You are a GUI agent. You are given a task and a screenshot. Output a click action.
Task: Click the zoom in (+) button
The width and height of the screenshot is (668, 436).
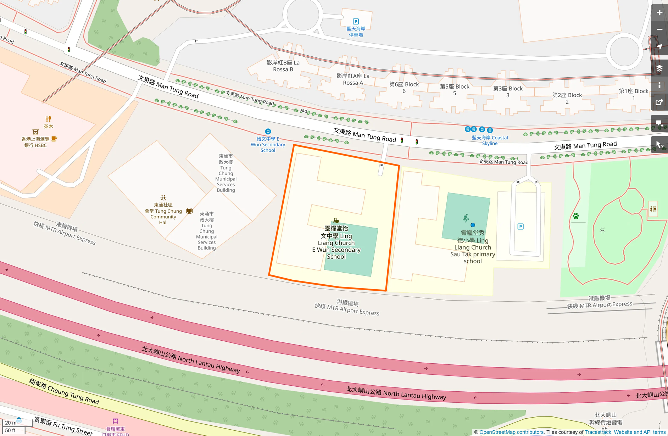(x=659, y=13)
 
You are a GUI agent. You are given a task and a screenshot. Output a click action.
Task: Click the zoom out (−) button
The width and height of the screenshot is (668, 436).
(x=659, y=30)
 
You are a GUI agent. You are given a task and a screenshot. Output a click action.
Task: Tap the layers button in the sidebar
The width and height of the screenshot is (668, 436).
(x=659, y=68)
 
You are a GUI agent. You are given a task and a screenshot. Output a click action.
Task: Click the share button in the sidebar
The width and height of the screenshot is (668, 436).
(x=659, y=102)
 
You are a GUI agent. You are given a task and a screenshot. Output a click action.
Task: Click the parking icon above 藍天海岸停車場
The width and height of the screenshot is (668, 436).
(x=356, y=22)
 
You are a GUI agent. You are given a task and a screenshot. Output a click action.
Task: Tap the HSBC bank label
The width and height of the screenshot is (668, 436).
(x=35, y=142)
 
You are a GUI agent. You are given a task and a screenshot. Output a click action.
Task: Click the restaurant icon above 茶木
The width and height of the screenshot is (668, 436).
(x=49, y=119)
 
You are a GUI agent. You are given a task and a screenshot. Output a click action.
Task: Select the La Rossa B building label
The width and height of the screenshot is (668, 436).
(x=283, y=66)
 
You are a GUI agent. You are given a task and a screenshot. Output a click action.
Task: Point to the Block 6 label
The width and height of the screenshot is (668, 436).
(x=404, y=88)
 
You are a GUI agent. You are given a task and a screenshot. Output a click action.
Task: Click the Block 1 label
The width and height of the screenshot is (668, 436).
(x=634, y=94)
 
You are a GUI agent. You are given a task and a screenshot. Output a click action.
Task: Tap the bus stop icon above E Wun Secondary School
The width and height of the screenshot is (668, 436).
(x=268, y=132)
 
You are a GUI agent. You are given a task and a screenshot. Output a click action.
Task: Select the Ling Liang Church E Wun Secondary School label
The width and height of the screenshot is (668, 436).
(x=336, y=242)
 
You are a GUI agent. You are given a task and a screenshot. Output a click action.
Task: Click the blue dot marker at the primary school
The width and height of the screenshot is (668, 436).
(x=473, y=225)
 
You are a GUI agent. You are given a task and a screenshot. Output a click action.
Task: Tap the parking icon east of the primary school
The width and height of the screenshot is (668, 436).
(x=521, y=227)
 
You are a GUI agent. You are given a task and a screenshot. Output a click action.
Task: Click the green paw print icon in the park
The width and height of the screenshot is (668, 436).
(x=576, y=216)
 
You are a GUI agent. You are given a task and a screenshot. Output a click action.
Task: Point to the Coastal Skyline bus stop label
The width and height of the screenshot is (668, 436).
(x=490, y=140)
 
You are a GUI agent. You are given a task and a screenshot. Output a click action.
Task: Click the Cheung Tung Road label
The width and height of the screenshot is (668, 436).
(x=64, y=391)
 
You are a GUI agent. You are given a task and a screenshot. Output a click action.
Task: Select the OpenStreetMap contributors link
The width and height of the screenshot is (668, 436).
(x=512, y=432)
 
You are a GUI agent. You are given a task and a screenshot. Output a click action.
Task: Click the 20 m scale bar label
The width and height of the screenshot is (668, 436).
(x=11, y=423)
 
